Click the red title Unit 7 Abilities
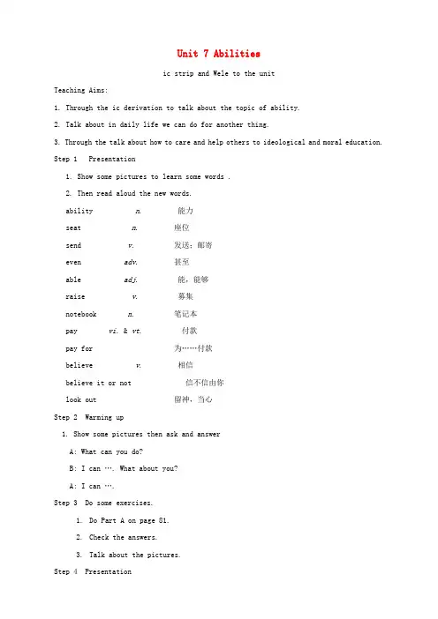[218, 55]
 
